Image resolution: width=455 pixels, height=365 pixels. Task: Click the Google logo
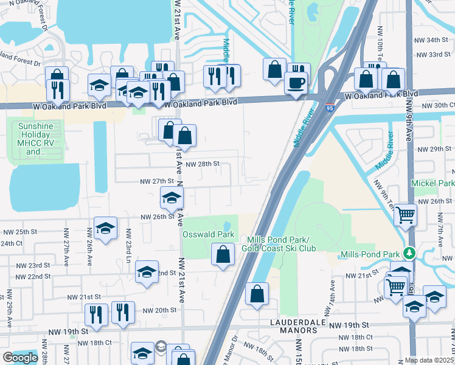click(x=20, y=358)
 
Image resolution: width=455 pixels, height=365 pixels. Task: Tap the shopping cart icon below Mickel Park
click(x=405, y=214)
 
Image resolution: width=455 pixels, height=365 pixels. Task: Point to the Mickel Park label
click(x=433, y=183)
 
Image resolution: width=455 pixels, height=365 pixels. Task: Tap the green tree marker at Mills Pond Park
click(x=410, y=252)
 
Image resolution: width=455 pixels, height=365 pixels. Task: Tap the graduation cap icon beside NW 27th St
click(x=172, y=197)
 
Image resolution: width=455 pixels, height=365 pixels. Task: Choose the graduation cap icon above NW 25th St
click(x=105, y=228)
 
